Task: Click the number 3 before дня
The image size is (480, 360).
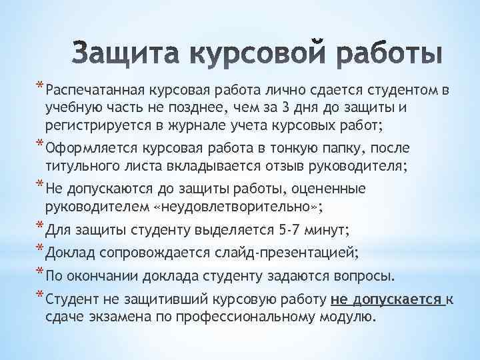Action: (x=306, y=107)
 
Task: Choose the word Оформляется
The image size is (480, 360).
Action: (x=85, y=147)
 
